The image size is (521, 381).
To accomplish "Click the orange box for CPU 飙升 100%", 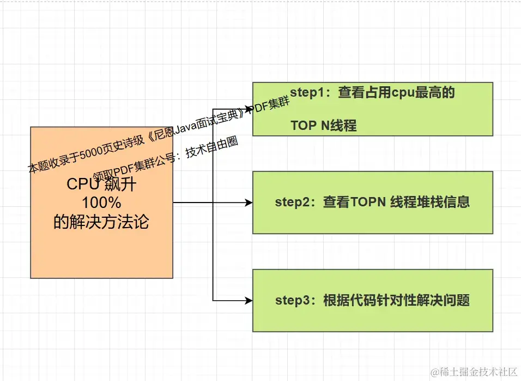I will click(x=102, y=246).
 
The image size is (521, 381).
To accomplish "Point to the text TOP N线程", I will click(x=323, y=126).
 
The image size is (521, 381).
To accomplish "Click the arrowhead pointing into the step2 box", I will click(x=249, y=203).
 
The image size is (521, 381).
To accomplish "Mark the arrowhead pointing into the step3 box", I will click(x=249, y=300).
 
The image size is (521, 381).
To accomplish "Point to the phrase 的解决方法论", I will click(x=101, y=222).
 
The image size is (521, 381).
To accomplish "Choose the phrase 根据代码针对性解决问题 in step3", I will click(x=396, y=300).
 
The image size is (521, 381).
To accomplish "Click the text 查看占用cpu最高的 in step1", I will click(x=396, y=93).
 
